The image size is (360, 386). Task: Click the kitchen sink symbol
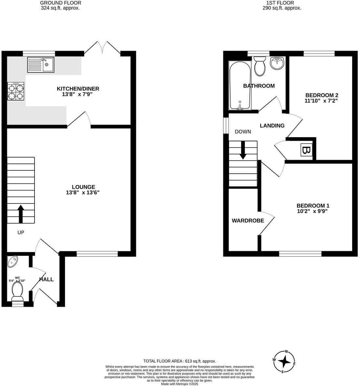point(40,64)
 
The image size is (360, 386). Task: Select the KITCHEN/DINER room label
point(78,89)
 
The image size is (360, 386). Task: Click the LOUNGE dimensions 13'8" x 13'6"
point(82,193)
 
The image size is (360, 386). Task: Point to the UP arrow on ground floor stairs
point(21,214)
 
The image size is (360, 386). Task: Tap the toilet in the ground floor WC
point(17,292)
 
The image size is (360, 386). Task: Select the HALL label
point(46,279)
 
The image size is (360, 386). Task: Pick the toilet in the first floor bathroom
point(260,66)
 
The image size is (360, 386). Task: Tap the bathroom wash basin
point(278,63)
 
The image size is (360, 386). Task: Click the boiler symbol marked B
point(306,151)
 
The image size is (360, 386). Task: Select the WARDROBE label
point(248,221)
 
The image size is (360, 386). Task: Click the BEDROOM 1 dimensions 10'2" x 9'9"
point(312,211)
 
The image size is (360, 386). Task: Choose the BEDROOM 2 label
point(322,95)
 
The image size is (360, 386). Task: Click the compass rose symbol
point(284,362)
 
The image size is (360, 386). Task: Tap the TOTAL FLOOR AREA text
point(180,361)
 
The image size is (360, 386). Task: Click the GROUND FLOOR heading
point(60,3)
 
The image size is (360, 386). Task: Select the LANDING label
point(272,126)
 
